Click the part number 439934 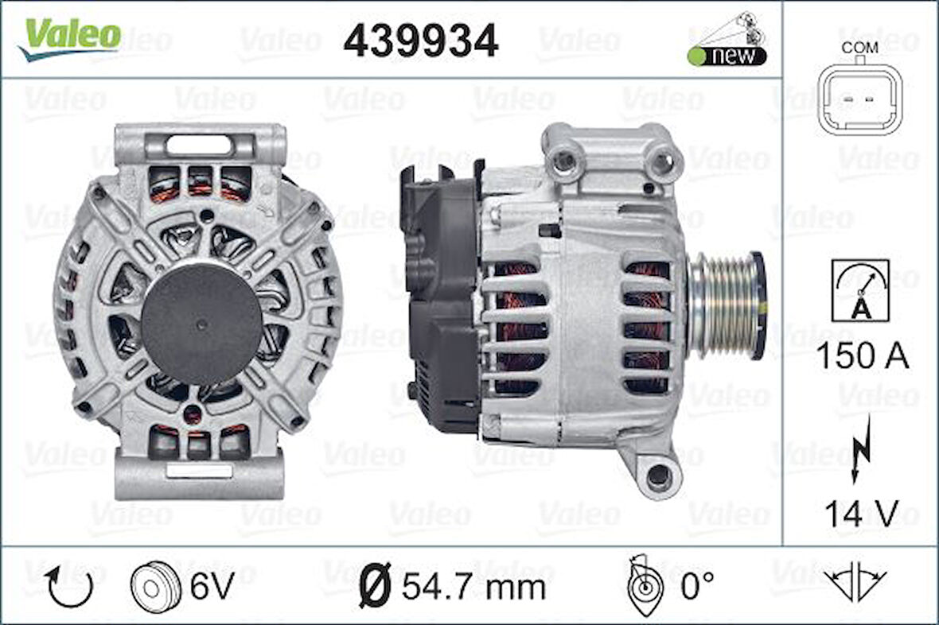[420, 40]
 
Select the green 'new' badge [727, 56]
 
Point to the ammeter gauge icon [860, 290]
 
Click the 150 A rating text [862, 356]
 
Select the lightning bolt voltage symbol [859, 449]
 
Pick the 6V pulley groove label [212, 588]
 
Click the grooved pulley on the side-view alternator [726, 305]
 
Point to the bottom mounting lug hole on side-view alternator [658, 476]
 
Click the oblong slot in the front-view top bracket [199, 145]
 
